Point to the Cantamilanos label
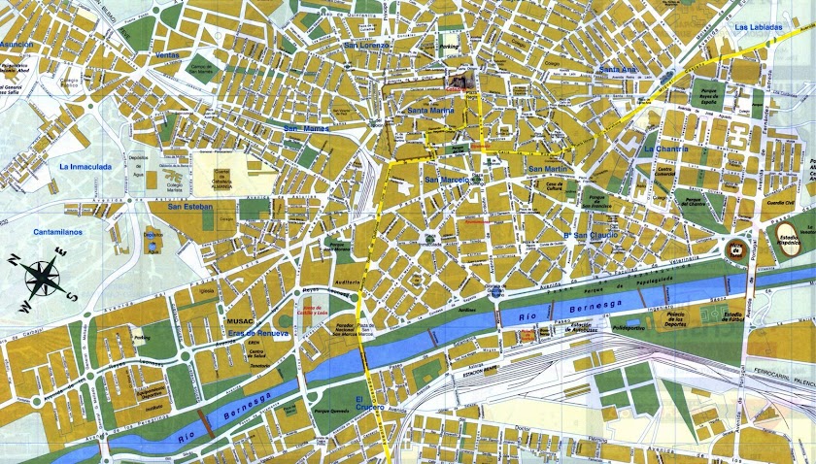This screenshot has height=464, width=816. (x=58, y=232)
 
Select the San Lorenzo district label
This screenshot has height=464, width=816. (x=367, y=46)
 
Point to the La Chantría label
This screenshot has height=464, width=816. (x=666, y=149)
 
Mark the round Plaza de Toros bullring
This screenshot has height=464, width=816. (x=738, y=249)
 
